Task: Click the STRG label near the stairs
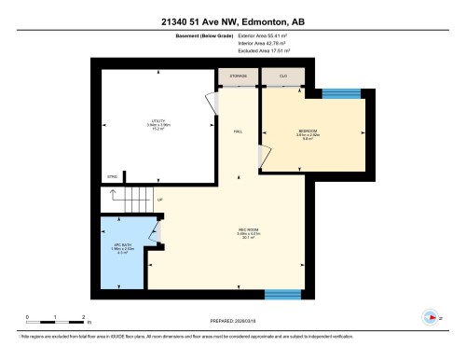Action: [x=112, y=175]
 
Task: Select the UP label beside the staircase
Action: [x=160, y=200]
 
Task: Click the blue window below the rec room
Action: [x=281, y=295]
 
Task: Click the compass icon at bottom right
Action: [x=430, y=315]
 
